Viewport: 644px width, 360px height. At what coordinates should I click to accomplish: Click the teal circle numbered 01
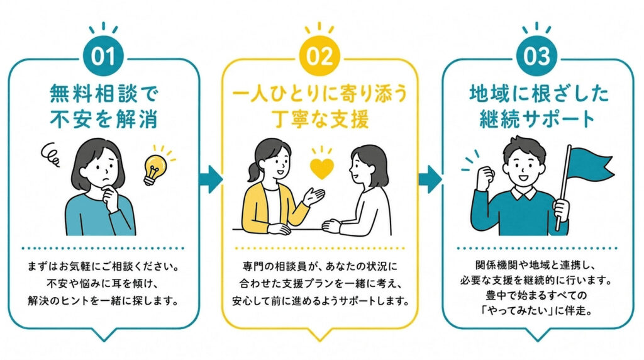(103, 55)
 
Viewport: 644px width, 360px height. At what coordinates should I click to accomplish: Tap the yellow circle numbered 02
(319, 55)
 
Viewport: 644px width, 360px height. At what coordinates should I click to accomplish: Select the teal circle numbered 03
(536, 55)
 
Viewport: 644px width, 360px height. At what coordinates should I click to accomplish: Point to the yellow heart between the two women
(321, 169)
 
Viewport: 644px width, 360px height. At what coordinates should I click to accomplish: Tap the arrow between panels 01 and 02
(210, 179)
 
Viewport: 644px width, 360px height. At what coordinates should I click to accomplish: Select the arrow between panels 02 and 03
(430, 179)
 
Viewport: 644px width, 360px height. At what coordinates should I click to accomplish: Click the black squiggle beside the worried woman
(50, 155)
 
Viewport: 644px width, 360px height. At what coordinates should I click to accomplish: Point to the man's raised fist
(485, 176)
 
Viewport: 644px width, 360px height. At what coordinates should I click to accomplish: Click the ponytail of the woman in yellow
(252, 172)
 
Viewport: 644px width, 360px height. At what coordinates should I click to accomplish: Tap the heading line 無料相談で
(104, 94)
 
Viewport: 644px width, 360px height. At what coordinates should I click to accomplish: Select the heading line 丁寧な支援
(321, 118)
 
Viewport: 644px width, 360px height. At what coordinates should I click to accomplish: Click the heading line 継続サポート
(537, 118)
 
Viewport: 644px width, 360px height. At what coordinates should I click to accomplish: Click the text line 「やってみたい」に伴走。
(537, 311)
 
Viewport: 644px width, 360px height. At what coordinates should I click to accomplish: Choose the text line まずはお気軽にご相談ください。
(104, 266)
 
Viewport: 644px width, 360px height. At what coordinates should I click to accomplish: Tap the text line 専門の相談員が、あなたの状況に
(320, 266)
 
